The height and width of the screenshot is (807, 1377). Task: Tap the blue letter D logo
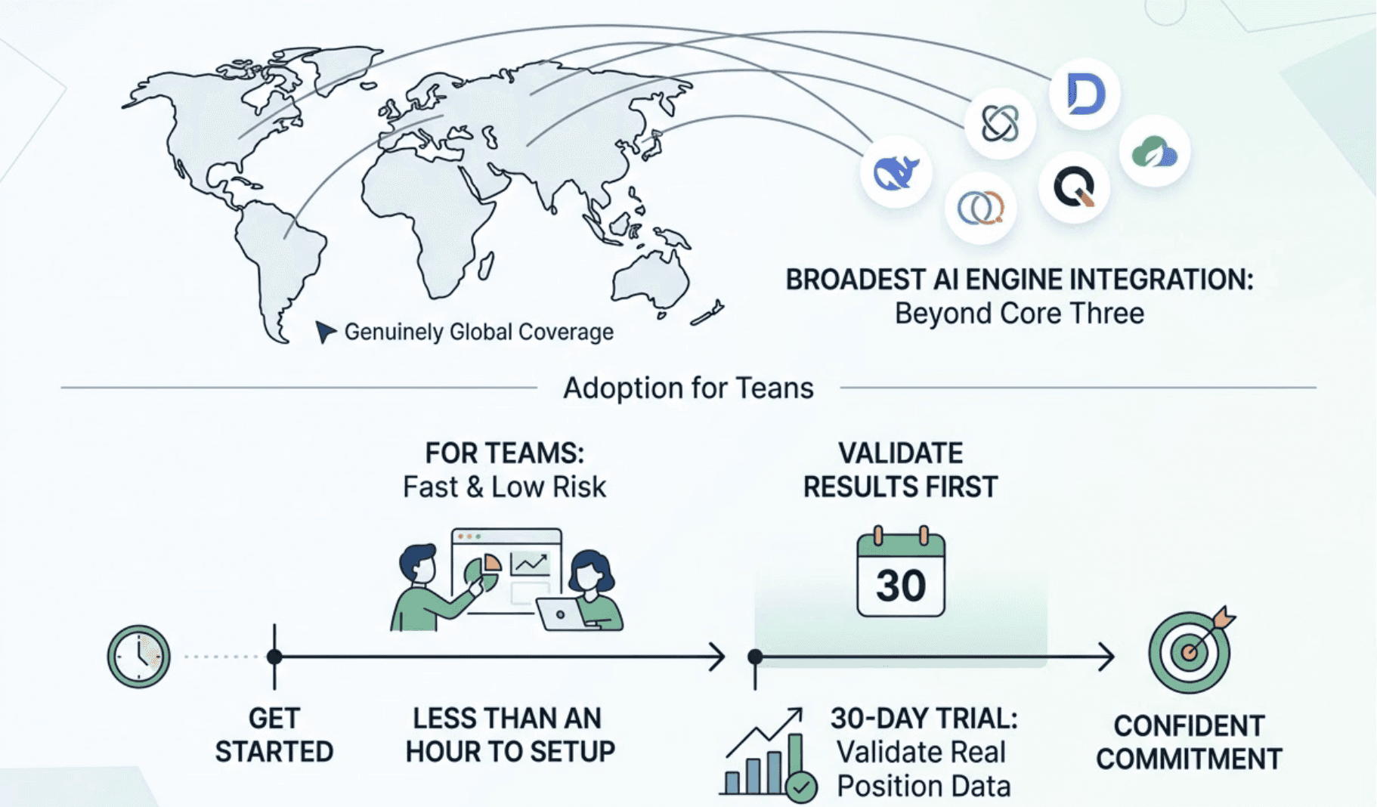tap(1085, 94)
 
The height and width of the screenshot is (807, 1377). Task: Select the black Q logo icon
tap(1074, 186)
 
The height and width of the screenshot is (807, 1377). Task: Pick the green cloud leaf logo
tap(1154, 152)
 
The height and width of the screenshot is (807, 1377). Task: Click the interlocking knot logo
tap(1000, 123)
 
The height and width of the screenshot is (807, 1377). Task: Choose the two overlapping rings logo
tap(980, 208)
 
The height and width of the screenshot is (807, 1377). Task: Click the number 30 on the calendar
tap(900, 586)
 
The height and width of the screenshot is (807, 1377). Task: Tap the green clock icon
tap(139, 656)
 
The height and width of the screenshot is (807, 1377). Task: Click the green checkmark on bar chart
tap(801, 787)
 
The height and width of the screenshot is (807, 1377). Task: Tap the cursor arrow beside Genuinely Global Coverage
tap(325, 331)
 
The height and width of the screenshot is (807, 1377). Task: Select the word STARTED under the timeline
tap(274, 752)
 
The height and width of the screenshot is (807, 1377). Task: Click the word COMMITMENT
tap(1189, 759)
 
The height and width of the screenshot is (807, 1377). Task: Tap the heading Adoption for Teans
tap(688, 388)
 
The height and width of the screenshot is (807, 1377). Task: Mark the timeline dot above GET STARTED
tap(274, 657)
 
